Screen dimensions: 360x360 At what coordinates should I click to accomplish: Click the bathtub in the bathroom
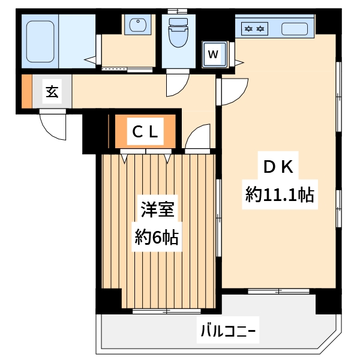41,41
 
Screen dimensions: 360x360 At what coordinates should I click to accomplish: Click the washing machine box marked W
213,54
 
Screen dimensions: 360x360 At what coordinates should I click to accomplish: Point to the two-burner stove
253,28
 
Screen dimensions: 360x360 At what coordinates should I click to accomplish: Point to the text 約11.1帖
280,195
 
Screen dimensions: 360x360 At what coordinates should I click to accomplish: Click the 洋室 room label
157,210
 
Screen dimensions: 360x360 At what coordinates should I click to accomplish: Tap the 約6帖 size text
156,238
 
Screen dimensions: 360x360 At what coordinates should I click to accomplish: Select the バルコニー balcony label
228,331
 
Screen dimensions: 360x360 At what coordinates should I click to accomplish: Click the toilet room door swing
177,84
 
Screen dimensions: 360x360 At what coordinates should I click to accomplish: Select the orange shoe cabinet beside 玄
26,92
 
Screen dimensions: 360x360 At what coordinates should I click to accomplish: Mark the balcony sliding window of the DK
279,292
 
